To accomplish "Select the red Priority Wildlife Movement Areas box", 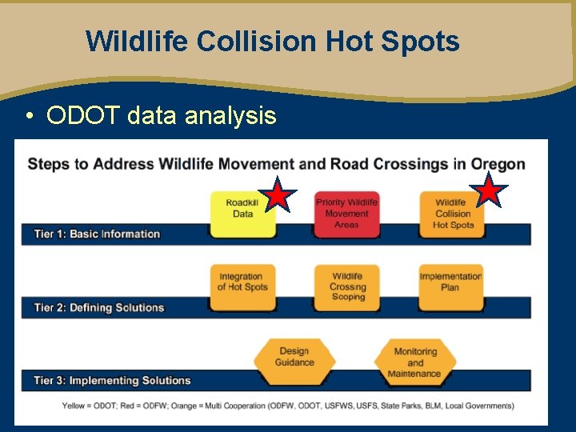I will tap(346, 214).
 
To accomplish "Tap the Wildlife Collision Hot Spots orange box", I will tap(452, 214).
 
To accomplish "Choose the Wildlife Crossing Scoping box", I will tap(346, 286).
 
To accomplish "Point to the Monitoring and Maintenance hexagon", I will tap(414, 362).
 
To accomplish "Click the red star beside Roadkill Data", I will tap(277, 194).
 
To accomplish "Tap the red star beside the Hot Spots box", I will tap(488, 190).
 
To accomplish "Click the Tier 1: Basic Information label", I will tap(97, 234).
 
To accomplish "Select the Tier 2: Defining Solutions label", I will tap(98, 308).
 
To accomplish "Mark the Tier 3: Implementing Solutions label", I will tap(112, 381).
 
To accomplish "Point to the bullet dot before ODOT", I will tap(29, 117).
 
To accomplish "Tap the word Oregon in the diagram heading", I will tap(498, 164).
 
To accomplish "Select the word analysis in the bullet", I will tap(230, 116).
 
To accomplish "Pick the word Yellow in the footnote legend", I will tap(75, 406).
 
